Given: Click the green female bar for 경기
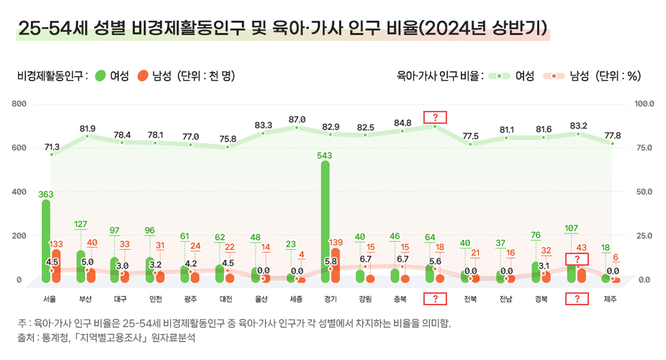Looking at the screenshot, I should coord(325,220).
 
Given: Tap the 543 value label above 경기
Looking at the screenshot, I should coord(325,155).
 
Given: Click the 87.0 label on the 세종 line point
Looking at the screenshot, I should coord(297,119).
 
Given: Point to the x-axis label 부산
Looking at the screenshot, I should coord(87,298).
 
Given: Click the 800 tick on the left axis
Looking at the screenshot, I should coord(19,104).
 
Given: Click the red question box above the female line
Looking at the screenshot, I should coord(436,117).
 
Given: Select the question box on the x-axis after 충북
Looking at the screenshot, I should coord(435,298).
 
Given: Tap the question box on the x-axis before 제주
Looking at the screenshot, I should coord(577,298).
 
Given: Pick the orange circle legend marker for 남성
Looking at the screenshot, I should coord(143,76).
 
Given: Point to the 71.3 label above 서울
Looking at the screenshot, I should coord(52,146).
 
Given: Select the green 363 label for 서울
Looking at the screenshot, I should coord(46,194).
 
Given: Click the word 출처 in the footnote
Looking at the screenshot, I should coord(27,337).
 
